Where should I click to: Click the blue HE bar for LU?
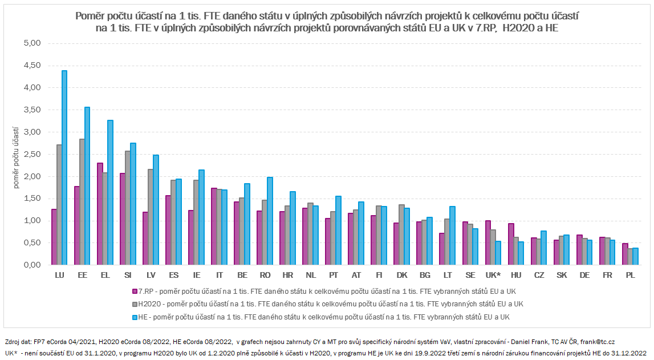(x=64, y=168)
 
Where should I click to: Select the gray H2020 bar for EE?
(x=82, y=202)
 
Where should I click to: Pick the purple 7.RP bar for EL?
(x=100, y=214)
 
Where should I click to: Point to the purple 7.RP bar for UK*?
(x=488, y=242)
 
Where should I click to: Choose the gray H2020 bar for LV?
(x=151, y=217)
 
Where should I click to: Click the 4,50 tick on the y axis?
(x=33, y=66)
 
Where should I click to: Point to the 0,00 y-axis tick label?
(x=33, y=265)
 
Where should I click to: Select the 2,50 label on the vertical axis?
(x=33, y=154)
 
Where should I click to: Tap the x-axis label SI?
(x=128, y=275)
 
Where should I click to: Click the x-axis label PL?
(x=629, y=275)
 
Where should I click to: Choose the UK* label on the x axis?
(x=493, y=275)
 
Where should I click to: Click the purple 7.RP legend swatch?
(x=135, y=291)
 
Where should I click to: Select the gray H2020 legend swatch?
(x=135, y=304)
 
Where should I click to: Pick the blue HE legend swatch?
(x=135, y=317)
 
